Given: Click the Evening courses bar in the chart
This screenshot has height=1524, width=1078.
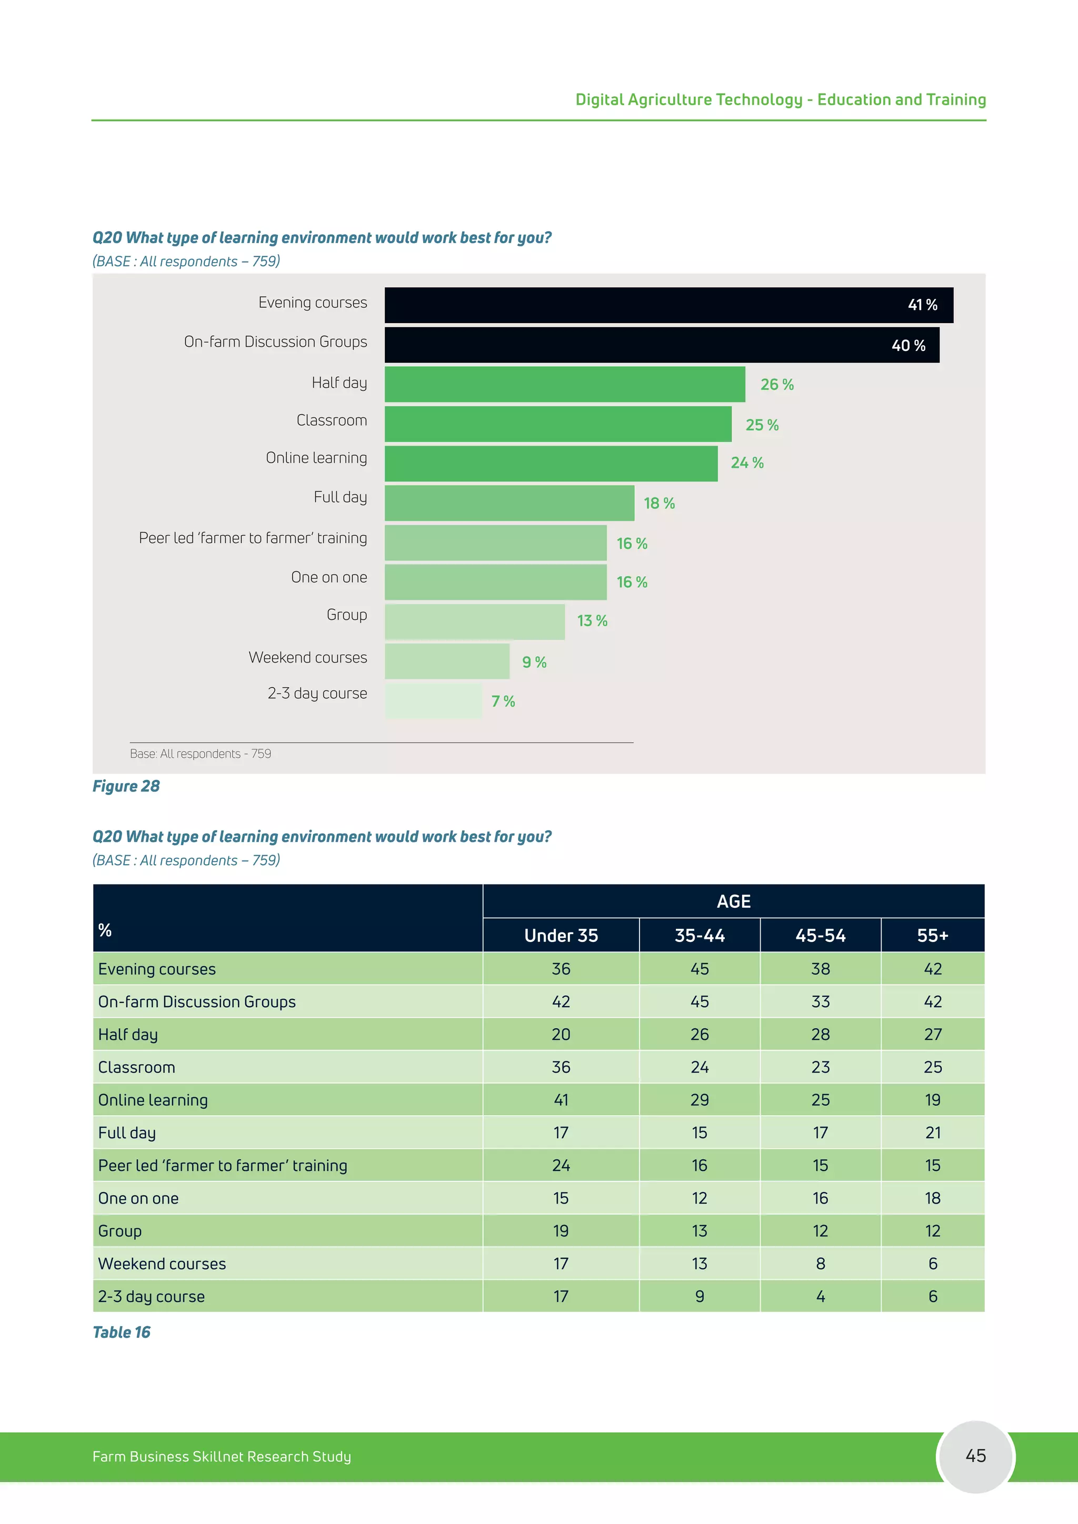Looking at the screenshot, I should pyautogui.click(x=668, y=305).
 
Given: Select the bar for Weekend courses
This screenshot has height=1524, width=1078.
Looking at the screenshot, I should pyautogui.click(x=447, y=661).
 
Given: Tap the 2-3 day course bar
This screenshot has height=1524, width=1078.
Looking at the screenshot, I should pyautogui.click(x=433, y=701).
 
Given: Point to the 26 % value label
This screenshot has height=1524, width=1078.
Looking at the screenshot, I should pyautogui.click(x=776, y=385).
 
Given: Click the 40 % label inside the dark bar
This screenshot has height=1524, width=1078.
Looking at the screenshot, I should pyautogui.click(x=908, y=346).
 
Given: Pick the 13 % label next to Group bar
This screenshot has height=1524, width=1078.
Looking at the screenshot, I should pyautogui.click(x=592, y=621).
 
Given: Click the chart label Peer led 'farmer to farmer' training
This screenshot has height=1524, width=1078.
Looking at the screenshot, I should pyautogui.click(x=252, y=538).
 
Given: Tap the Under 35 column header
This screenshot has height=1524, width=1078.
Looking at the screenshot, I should pyautogui.click(x=561, y=936).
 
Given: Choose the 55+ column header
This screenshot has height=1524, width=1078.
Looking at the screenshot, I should pyautogui.click(x=933, y=936).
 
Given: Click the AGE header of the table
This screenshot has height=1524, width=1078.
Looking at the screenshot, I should pyautogui.click(x=733, y=901).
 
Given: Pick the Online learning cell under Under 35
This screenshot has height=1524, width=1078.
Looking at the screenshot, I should pyautogui.click(x=561, y=1100).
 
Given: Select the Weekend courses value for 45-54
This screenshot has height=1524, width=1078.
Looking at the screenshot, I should pyautogui.click(x=821, y=1264).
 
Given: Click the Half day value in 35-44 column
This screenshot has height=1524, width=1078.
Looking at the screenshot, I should pyautogui.click(x=700, y=1035).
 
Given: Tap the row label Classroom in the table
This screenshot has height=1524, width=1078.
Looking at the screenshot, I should pyautogui.click(x=137, y=1067).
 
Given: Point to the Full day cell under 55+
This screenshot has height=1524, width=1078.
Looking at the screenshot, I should pyautogui.click(x=933, y=1133).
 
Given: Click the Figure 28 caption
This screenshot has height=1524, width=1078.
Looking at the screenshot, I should pyautogui.click(x=126, y=787).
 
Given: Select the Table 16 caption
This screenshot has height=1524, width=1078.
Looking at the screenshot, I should pyautogui.click(x=122, y=1333).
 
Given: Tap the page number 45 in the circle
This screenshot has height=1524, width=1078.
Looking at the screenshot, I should pyautogui.click(x=975, y=1456).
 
